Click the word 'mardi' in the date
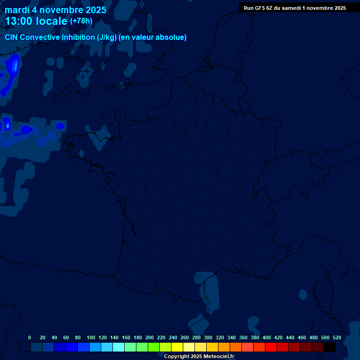(17, 10)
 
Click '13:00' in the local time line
(19, 22)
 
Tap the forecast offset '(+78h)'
(81, 21)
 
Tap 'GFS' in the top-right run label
(258, 8)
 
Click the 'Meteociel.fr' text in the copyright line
(218, 357)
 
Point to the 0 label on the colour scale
(30, 337)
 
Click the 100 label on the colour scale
(91, 337)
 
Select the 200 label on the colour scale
(150, 337)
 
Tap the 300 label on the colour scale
(208, 337)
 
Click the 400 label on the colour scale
(267, 337)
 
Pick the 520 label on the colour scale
(337, 337)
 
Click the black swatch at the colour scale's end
(330, 347)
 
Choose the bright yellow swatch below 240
(177, 347)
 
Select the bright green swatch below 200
(154, 347)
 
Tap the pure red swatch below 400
(271, 347)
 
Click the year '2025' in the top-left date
(93, 10)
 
